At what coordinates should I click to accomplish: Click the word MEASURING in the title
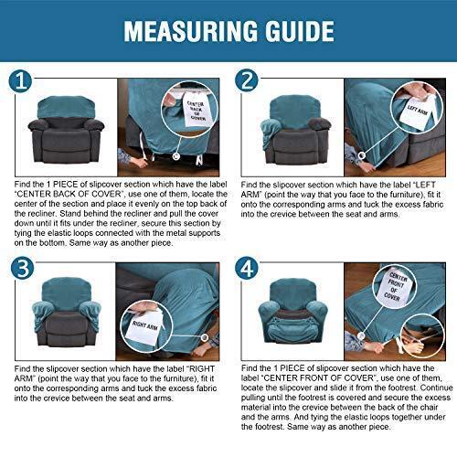tap(191, 31)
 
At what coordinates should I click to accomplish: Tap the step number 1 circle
tap(20, 81)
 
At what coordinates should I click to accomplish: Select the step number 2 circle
tap(247, 80)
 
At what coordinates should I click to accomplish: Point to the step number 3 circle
tap(22, 268)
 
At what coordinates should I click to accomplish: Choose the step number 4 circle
tap(247, 269)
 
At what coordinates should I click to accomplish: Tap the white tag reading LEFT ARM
tap(417, 112)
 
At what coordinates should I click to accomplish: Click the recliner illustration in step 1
tap(66, 130)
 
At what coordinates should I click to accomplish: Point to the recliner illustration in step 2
tap(295, 130)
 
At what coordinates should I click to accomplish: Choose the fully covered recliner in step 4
tap(293, 312)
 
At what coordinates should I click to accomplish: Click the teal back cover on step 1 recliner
tap(66, 107)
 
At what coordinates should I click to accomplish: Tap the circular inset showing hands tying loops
tap(422, 336)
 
